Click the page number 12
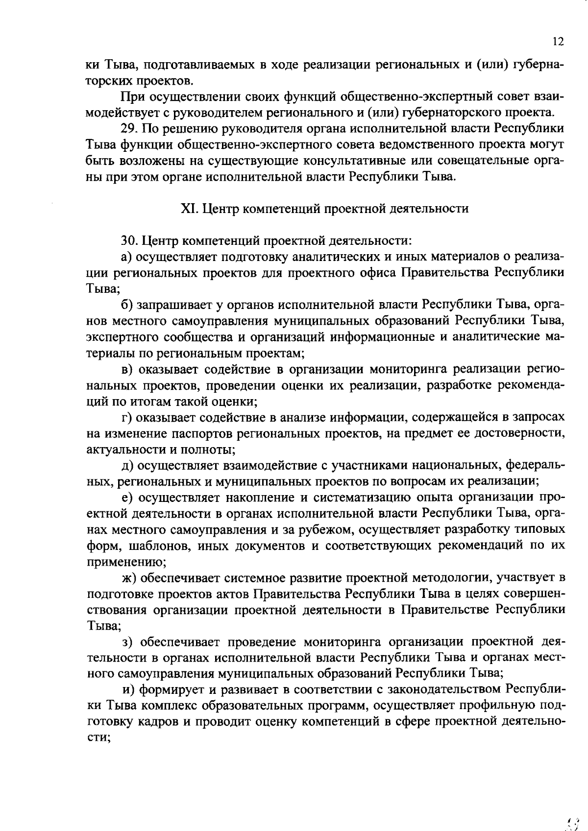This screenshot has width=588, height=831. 558,42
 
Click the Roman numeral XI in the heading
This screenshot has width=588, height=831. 189,209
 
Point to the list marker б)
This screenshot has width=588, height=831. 127,305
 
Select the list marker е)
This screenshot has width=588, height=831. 127,498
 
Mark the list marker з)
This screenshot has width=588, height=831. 126,642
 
